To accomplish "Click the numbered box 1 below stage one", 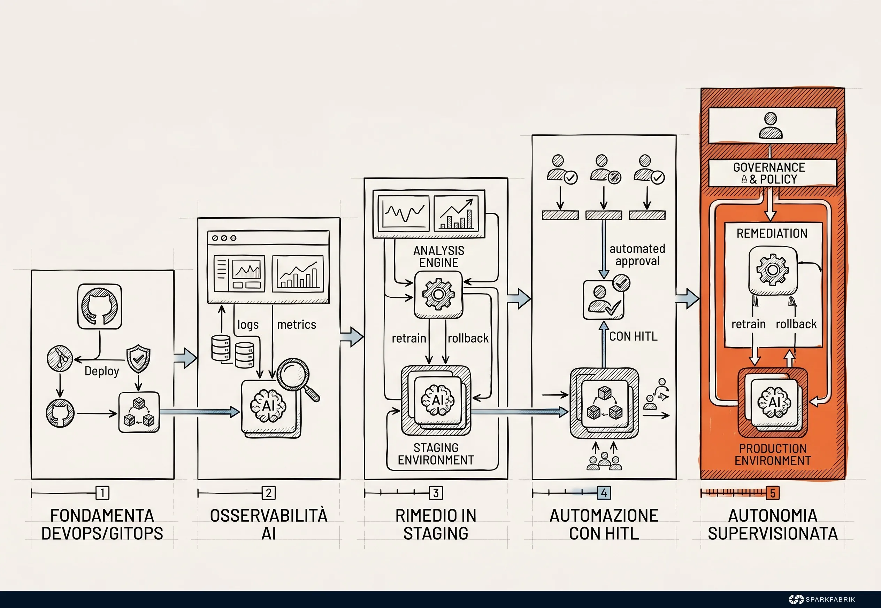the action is (102, 493).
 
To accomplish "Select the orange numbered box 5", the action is (772, 493).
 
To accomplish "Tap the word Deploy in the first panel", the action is (102, 371).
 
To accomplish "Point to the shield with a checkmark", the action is (138, 358).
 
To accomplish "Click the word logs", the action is (248, 325).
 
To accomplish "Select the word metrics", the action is (297, 325).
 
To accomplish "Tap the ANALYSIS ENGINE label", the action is (439, 256).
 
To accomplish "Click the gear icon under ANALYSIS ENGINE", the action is (438, 295).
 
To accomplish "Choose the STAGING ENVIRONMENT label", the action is (436, 454).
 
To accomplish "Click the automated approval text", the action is (637, 255).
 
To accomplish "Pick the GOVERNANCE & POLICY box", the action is (772, 173).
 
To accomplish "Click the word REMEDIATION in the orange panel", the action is (772, 233).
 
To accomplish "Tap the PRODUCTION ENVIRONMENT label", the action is (773, 454).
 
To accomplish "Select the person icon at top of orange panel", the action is (771, 126).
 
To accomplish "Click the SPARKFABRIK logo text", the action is (830, 599).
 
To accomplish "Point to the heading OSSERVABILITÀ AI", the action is (269, 524).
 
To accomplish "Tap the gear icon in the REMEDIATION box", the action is (773, 270).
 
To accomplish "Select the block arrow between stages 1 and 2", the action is (185, 358).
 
